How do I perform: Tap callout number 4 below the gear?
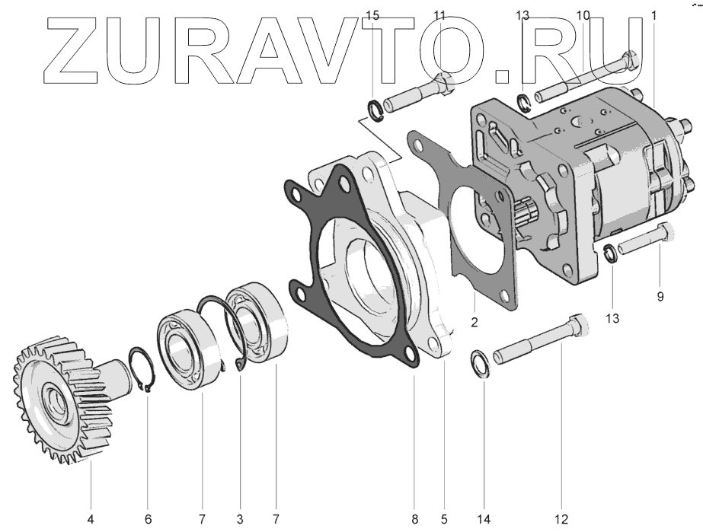(x=91, y=519)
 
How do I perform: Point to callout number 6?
(x=149, y=519)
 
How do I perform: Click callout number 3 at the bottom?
(x=239, y=519)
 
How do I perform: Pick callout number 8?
(x=415, y=519)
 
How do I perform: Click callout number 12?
(x=561, y=519)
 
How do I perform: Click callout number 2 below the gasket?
(x=474, y=322)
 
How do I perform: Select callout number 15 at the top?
(x=372, y=15)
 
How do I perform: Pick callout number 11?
(x=440, y=15)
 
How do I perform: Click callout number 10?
(x=583, y=15)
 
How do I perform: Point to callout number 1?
(x=653, y=15)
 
